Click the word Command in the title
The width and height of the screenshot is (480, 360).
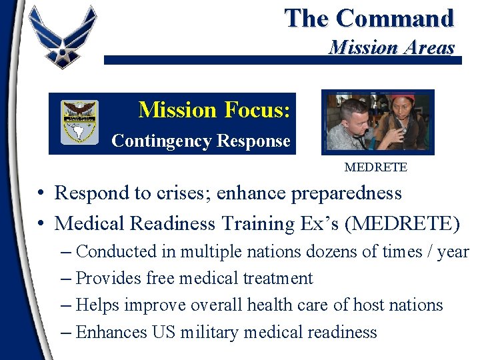coord(395,19)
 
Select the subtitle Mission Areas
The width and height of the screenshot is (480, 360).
coord(392,47)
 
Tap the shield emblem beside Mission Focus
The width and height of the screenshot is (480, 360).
coord(79,121)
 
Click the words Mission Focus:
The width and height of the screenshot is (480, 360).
coord(214,109)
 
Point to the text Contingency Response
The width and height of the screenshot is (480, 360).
coord(201,141)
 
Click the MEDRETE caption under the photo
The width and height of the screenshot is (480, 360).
coord(375,167)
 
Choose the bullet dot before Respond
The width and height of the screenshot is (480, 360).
coord(41,194)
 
